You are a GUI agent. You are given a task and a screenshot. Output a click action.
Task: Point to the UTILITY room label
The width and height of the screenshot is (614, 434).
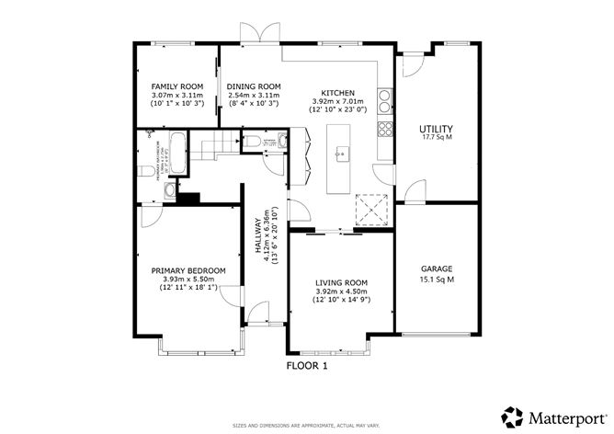coord(435,129)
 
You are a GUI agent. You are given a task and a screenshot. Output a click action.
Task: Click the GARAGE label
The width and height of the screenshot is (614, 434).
coord(438,268)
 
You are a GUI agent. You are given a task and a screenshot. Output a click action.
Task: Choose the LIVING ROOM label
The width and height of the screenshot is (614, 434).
coord(341,282)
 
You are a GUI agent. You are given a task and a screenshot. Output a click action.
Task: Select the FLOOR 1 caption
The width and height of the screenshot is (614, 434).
coord(307,365)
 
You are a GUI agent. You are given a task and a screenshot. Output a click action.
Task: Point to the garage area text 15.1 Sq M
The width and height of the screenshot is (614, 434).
coord(438,280)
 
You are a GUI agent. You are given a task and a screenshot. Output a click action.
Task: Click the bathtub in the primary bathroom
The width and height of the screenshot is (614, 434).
coord(178,151)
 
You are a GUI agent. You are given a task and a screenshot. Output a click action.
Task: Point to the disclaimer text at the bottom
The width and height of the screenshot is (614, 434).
coord(307,425)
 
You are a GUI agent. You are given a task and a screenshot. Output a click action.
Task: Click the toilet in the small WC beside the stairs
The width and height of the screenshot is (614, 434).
coord(252,141)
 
